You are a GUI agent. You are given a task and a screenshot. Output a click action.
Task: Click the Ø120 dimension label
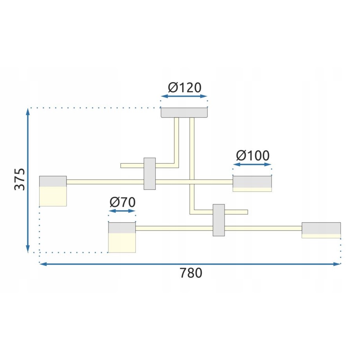pyautogui.click(x=185, y=88)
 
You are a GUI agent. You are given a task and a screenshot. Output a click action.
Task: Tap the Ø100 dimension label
pyautogui.click(x=253, y=156)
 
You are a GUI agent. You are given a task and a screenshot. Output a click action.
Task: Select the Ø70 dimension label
pyautogui.click(x=122, y=202)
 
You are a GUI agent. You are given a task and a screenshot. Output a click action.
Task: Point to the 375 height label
pyautogui.click(x=20, y=179)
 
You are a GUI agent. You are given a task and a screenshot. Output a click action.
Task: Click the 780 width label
pyautogui.click(x=191, y=273)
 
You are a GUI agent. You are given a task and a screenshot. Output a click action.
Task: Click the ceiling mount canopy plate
pyautogui.click(x=184, y=113)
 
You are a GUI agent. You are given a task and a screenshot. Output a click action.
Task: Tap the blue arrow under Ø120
pyautogui.click(x=184, y=96)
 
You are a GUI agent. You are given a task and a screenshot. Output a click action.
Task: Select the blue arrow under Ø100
pyautogui.click(x=252, y=164)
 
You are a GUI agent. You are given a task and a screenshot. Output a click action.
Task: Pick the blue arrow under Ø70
pyautogui.click(x=122, y=211)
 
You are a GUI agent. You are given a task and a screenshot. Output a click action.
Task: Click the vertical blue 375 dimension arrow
pyautogui.click(x=28, y=180)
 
